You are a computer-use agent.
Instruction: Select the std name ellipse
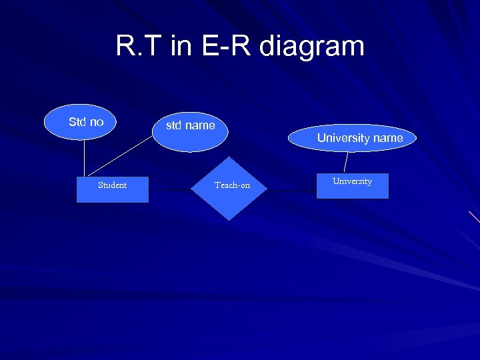click(x=191, y=133)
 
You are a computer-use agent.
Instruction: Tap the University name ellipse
click(x=353, y=138)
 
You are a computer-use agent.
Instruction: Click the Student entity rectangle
click(x=112, y=189)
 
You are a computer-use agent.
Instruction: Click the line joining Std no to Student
click(x=85, y=159)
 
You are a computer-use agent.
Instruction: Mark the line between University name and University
click(x=346, y=161)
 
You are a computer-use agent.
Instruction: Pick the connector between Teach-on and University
click(x=292, y=190)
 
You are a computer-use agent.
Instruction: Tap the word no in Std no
click(x=97, y=122)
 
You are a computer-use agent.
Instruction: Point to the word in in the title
click(x=180, y=47)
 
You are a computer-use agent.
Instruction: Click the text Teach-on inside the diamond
click(x=232, y=185)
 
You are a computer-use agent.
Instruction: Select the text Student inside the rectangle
click(x=112, y=185)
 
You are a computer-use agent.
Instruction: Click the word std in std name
click(x=174, y=125)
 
